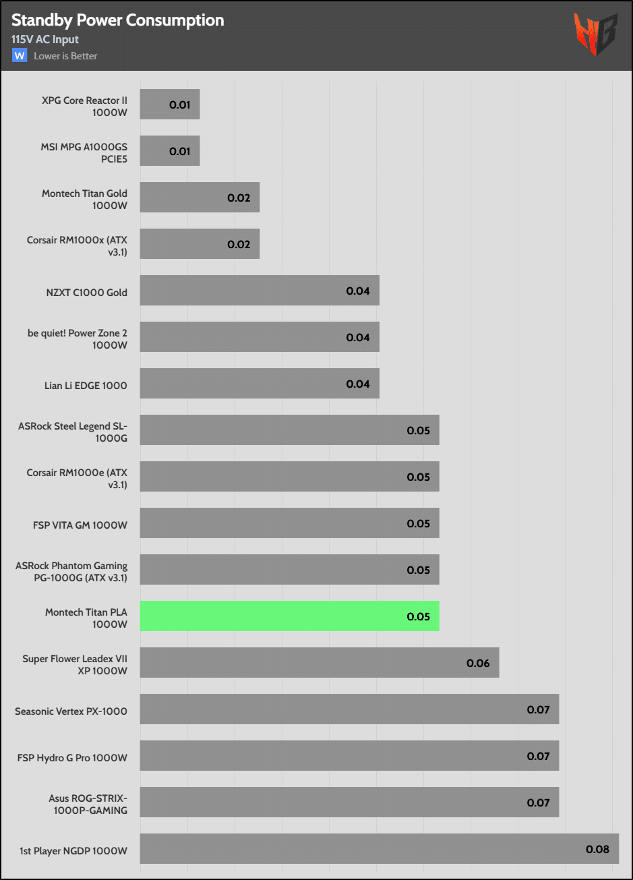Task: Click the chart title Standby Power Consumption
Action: click(x=118, y=20)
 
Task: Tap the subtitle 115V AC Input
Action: click(x=45, y=39)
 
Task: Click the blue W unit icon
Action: click(x=20, y=55)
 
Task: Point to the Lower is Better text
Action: click(x=65, y=56)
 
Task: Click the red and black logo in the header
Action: click(x=595, y=34)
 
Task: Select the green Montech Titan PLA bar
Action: click(x=289, y=616)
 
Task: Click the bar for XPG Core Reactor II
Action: click(x=170, y=105)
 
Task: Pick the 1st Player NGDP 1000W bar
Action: click(x=379, y=848)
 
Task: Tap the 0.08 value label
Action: click(x=597, y=849)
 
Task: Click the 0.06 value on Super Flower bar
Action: click(x=478, y=663)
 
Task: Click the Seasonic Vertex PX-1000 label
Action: click(x=71, y=711)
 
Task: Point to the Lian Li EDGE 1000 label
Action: click(x=86, y=386)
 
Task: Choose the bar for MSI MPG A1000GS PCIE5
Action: click(x=170, y=151)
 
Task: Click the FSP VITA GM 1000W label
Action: click(x=80, y=525)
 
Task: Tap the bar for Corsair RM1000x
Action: click(x=200, y=244)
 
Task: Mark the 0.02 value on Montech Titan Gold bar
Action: click(x=239, y=198)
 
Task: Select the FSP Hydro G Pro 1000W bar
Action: click(x=349, y=756)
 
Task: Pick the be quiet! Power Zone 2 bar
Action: click(x=260, y=337)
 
